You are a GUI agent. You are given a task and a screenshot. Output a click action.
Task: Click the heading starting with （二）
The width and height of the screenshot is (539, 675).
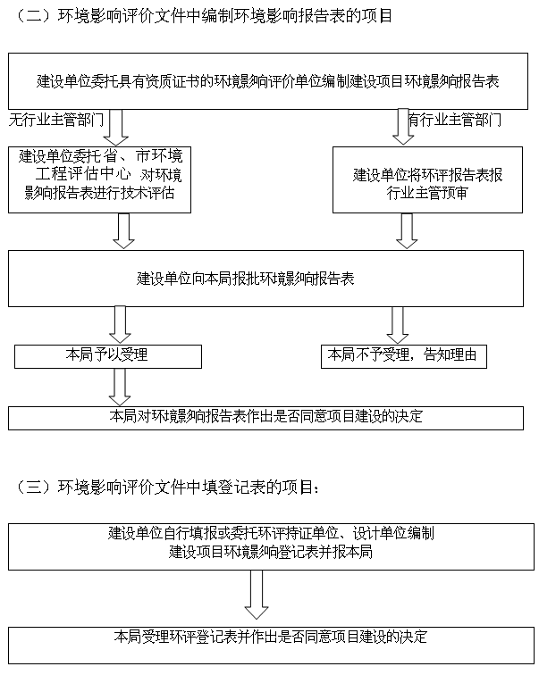(203, 15)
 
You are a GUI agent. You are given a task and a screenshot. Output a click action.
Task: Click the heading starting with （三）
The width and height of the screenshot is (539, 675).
(167, 487)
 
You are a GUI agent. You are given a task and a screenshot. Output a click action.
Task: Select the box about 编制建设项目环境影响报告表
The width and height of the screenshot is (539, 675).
(268, 81)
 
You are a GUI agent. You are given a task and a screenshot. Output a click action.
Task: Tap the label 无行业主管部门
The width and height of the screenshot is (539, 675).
(56, 120)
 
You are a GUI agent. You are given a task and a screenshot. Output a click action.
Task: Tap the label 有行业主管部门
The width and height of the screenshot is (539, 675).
(455, 120)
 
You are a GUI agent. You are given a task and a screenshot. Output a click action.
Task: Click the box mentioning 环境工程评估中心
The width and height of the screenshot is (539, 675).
(99, 180)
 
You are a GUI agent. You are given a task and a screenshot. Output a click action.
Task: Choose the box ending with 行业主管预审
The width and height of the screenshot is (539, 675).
(427, 180)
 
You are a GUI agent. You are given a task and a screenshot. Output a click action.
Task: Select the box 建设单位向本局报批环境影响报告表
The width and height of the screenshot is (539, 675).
(265, 279)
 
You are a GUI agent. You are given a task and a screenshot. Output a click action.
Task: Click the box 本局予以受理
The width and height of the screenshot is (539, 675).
(108, 356)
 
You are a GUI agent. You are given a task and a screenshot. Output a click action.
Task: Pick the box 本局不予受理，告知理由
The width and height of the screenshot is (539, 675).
(404, 356)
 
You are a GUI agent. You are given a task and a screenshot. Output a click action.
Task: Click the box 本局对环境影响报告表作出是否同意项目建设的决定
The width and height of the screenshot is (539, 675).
(265, 418)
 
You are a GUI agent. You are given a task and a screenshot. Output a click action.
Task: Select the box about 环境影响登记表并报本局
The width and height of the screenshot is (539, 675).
(271, 546)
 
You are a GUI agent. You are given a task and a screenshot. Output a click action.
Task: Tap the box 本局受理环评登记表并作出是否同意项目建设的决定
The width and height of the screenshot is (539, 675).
(271, 646)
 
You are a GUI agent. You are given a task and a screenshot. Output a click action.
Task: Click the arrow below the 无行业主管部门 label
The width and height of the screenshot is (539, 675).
(116, 128)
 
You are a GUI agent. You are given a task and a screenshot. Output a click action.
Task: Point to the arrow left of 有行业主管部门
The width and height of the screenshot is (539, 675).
(403, 127)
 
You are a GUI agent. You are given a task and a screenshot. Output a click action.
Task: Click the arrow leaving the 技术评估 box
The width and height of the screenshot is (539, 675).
(123, 230)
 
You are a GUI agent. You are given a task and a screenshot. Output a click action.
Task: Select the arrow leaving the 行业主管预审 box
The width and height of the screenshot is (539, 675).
(407, 230)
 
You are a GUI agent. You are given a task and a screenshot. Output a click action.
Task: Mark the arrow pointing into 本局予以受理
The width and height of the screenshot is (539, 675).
(120, 325)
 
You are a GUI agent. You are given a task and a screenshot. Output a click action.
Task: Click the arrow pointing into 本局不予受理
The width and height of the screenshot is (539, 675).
(397, 325)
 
